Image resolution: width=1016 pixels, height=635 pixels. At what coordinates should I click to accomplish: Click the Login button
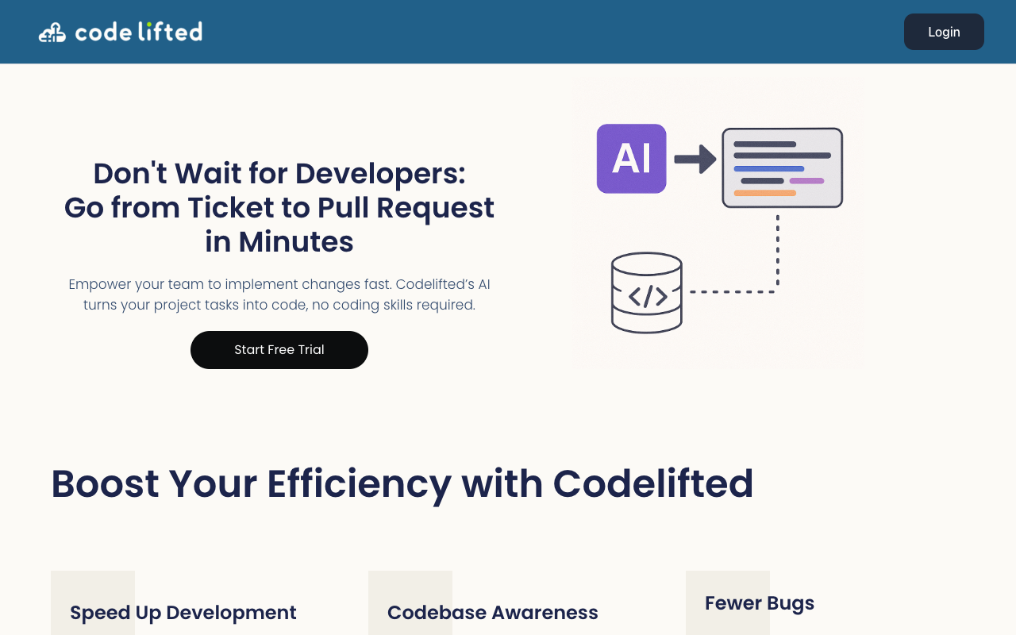point(944,32)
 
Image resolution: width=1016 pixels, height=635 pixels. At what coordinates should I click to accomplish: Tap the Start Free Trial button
point(279,350)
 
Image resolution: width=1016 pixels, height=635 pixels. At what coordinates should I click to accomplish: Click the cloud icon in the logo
point(52,33)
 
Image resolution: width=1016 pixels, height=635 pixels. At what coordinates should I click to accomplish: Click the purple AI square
point(631,159)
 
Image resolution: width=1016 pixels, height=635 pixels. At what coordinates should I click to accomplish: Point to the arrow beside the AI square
point(695,159)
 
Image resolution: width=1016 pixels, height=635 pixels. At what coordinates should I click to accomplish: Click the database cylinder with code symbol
point(647,293)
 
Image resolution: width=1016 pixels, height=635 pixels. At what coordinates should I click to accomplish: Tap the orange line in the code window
point(764,193)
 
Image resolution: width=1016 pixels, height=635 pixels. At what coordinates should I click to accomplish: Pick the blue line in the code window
point(768,169)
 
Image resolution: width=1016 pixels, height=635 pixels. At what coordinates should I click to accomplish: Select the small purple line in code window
point(806,181)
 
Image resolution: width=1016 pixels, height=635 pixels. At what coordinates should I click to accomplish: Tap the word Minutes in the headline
point(296,241)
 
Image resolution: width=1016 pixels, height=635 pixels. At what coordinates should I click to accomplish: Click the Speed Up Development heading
point(183,613)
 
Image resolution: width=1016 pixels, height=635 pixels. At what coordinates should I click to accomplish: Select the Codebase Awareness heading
point(493,613)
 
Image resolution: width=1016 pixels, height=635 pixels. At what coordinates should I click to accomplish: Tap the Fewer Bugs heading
point(760,603)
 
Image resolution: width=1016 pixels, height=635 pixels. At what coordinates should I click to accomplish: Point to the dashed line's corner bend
point(777,291)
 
